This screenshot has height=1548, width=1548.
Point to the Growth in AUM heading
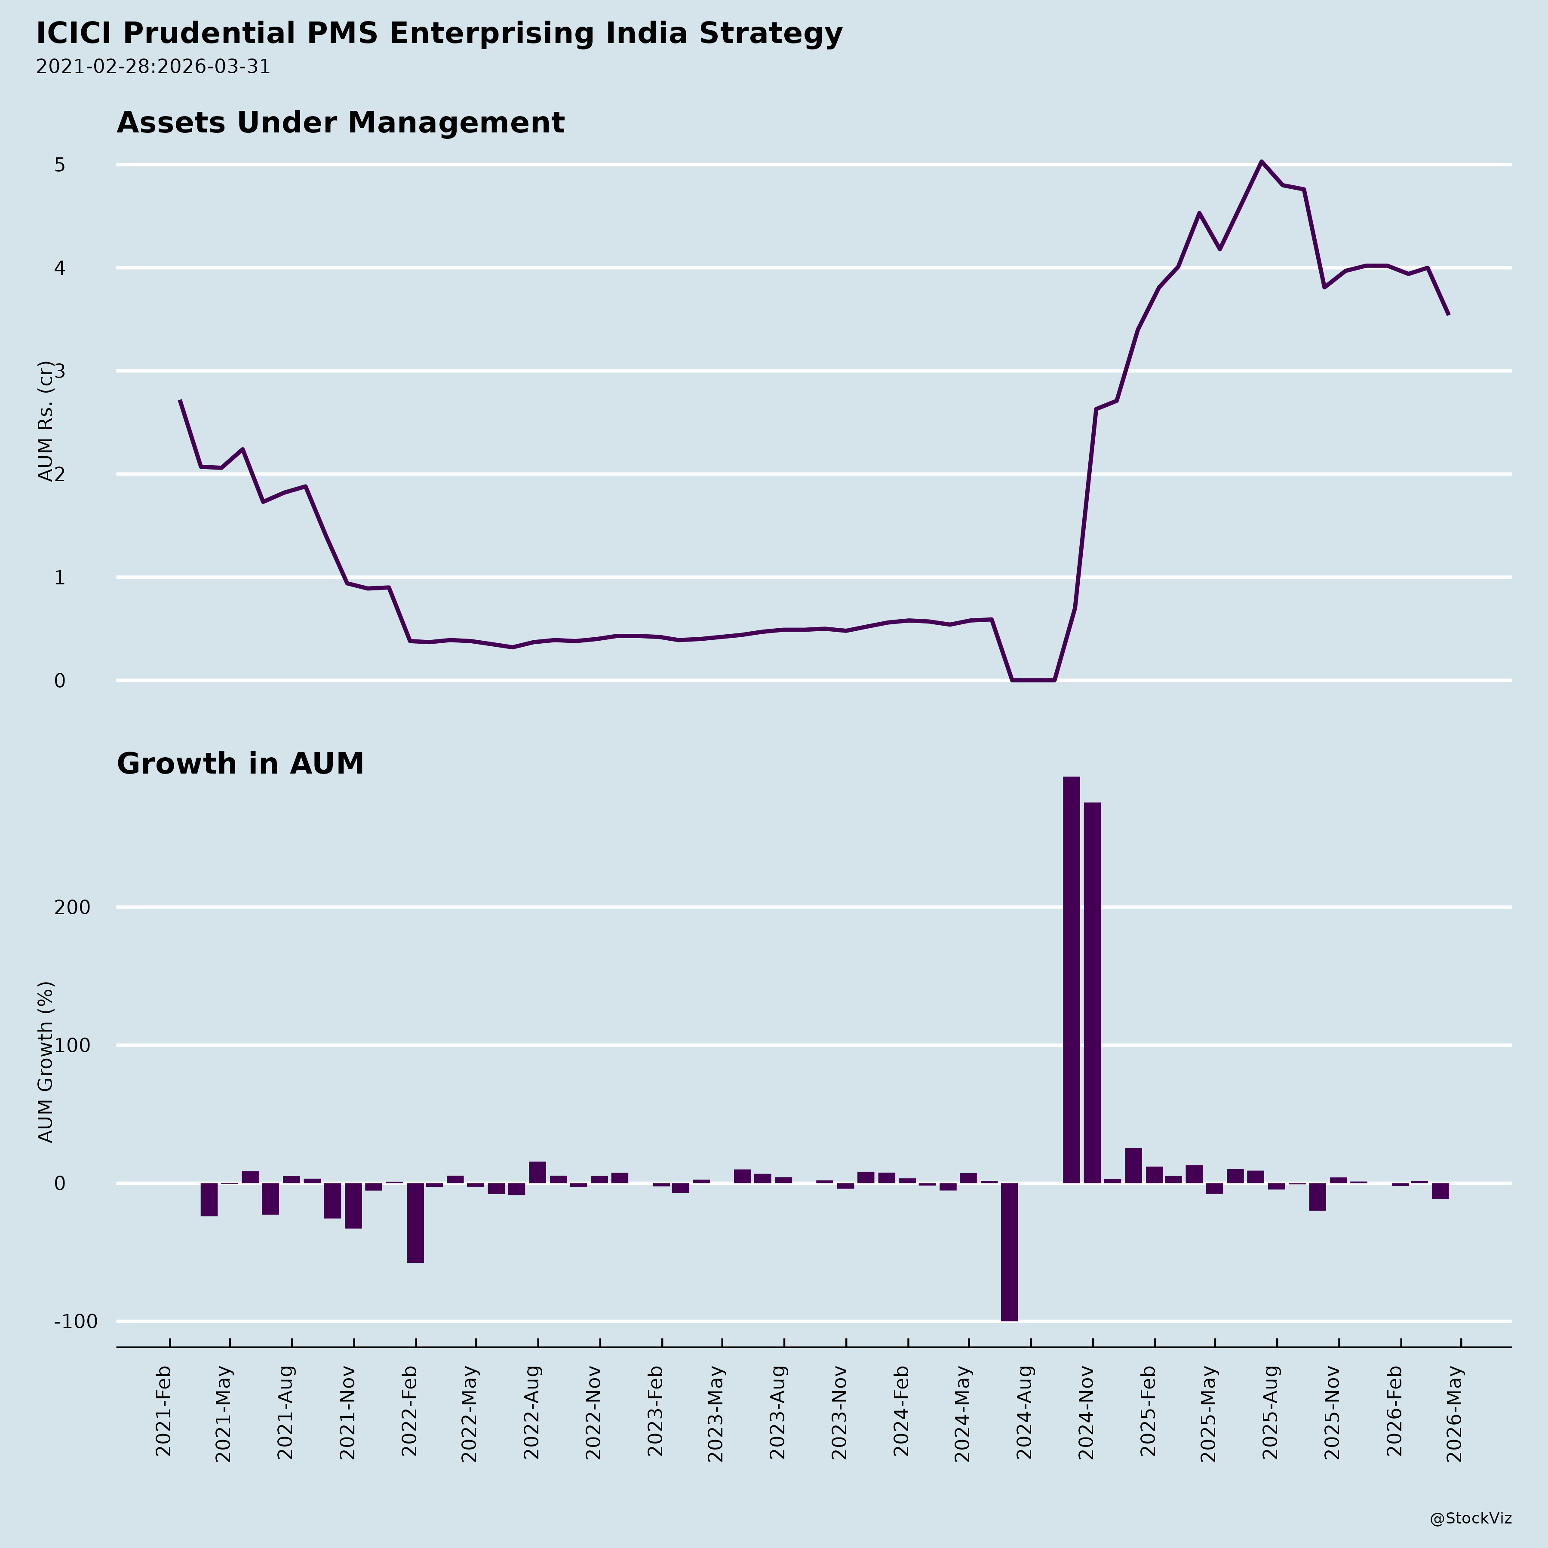(x=240, y=764)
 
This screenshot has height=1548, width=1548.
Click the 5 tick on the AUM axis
(x=59, y=165)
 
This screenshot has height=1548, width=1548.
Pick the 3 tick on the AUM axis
(x=59, y=371)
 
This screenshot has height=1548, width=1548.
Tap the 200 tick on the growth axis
(x=72, y=908)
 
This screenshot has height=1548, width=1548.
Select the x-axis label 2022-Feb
(x=409, y=1414)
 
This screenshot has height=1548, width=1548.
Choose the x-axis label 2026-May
(x=1456, y=1414)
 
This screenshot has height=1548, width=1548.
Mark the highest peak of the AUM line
(x=1261, y=162)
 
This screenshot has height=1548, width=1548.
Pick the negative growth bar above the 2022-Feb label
(x=415, y=1222)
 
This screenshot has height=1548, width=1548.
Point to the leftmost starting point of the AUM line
(x=180, y=401)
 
